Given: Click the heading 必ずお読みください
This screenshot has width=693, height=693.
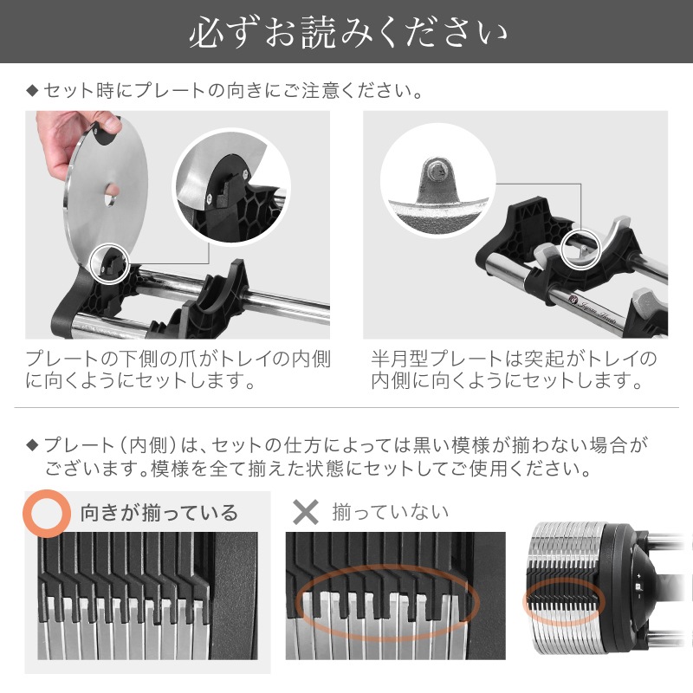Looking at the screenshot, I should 346,34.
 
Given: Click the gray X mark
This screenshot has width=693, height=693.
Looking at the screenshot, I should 306,511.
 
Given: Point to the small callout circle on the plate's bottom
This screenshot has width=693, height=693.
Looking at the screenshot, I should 110,262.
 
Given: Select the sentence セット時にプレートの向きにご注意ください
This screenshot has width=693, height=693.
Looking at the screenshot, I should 233,89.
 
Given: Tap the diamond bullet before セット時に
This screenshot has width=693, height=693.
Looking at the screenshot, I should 32,89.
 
